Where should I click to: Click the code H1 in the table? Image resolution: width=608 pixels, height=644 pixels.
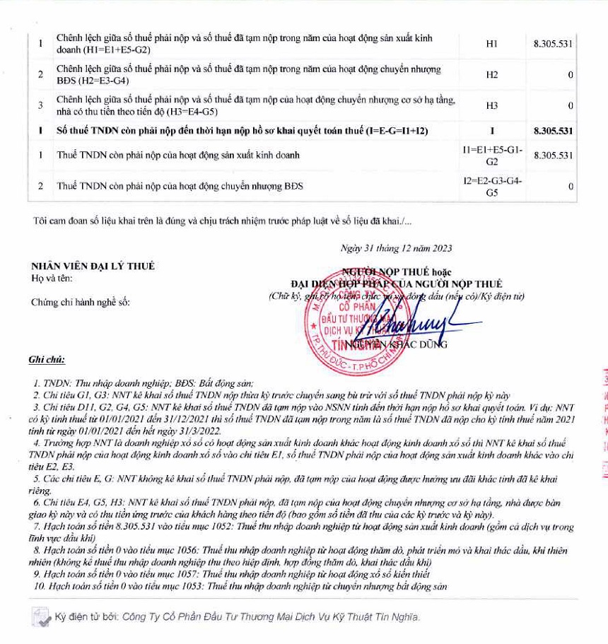pos(492,44)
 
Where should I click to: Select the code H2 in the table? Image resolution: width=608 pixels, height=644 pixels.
pos(492,74)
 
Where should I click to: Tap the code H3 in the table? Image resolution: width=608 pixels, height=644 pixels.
pos(492,105)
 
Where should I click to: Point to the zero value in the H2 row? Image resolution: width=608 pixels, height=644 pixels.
pos(570,75)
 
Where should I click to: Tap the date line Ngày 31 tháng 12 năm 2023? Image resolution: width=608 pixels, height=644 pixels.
pos(396,248)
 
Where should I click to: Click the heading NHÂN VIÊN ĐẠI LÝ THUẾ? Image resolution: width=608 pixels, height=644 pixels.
pos(93,267)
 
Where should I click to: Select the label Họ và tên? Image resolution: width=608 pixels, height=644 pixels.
pos(47,277)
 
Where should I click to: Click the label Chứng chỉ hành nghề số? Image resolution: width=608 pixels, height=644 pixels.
pos(81,303)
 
